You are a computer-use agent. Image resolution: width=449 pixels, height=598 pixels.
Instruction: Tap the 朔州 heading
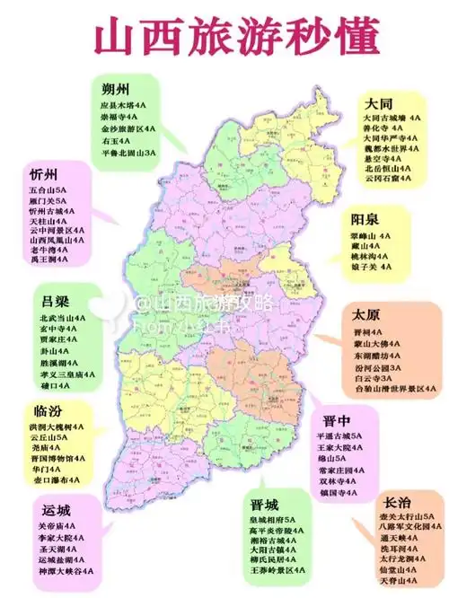coord(117,89)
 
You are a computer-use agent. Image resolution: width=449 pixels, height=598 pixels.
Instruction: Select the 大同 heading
coord(379,103)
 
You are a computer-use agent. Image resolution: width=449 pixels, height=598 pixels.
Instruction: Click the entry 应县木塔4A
coord(121,105)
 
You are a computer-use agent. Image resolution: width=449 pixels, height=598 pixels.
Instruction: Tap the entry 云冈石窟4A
coord(387,180)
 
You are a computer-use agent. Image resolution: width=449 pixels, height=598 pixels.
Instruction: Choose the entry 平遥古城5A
coord(334,435)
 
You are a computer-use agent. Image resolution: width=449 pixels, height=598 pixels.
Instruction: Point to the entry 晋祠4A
coord(366,330)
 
